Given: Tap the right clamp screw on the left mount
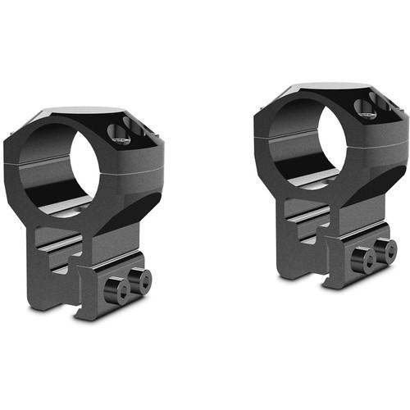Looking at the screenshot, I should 144,278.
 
